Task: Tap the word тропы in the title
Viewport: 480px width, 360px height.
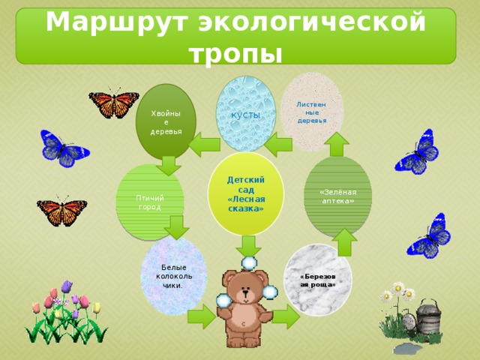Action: [235, 55]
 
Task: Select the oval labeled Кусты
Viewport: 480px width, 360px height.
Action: [246, 113]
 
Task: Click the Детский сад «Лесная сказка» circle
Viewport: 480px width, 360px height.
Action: [246, 193]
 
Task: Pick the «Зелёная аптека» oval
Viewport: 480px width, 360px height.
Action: [337, 196]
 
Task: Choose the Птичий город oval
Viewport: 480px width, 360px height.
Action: [150, 202]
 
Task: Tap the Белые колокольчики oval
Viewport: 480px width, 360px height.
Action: [173, 276]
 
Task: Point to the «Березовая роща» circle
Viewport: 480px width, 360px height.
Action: [318, 280]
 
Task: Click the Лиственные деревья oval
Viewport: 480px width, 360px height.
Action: [312, 112]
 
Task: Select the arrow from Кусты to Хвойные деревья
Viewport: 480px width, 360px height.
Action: [205, 145]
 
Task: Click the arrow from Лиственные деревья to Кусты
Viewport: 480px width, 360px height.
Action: [278, 145]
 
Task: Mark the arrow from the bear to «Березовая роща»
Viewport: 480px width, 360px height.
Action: [286, 316]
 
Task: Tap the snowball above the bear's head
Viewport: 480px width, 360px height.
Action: [249, 263]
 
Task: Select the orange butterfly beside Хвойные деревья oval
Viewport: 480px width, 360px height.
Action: [114, 103]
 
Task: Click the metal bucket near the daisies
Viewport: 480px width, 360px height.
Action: [429, 316]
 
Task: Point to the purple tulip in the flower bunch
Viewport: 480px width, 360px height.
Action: [67, 286]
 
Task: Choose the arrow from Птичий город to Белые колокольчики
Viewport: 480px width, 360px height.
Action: [177, 227]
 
